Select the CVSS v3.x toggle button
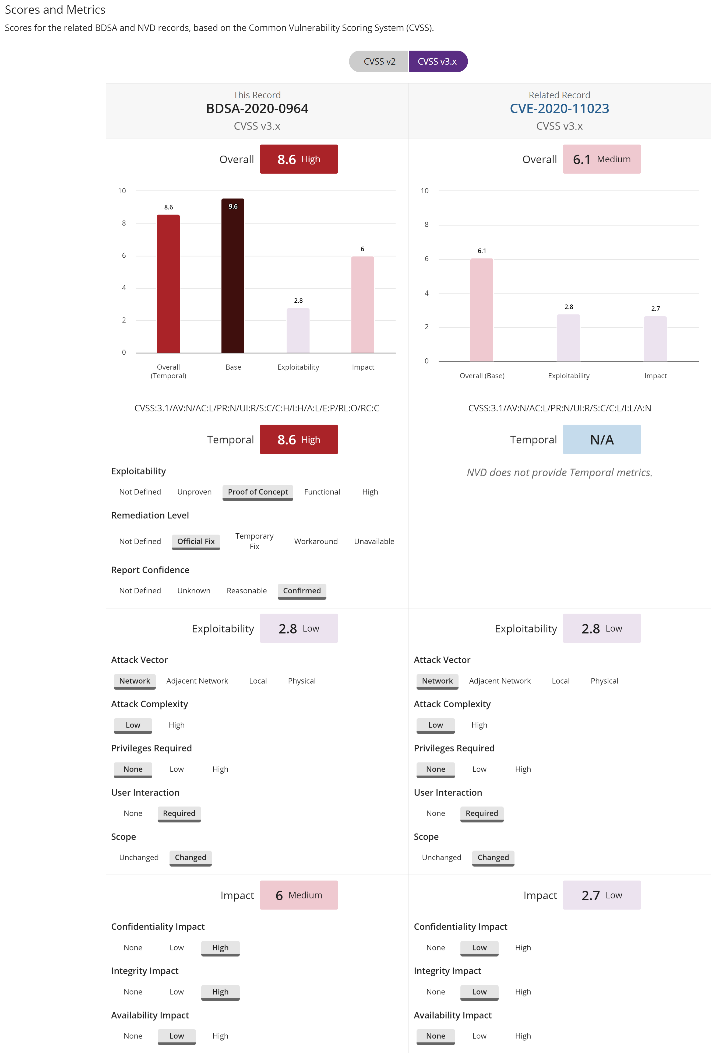437,61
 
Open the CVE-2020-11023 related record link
559,108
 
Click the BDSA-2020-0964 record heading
257,108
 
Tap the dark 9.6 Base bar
233,278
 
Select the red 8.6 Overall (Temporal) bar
168,284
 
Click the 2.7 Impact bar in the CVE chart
655,339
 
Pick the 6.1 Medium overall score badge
601,159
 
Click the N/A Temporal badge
601,440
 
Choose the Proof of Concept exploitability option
258,492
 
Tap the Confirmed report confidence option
302,591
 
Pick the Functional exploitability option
322,492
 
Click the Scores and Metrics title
55,9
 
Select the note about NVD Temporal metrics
559,473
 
